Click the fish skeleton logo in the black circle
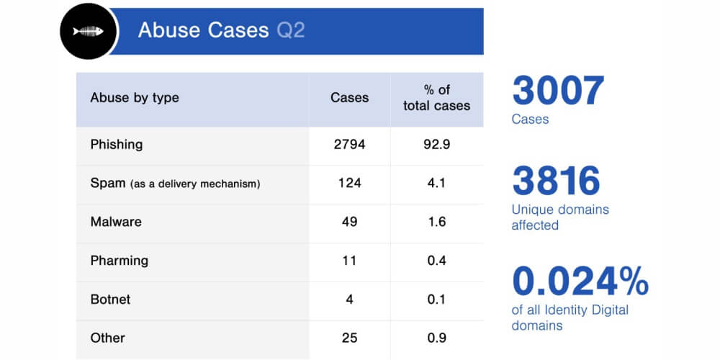[x=89, y=31]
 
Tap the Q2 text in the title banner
[x=291, y=31]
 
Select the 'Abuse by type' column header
[x=135, y=98]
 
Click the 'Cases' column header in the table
[x=349, y=98]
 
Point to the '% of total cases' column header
[x=436, y=98]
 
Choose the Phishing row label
[x=117, y=144]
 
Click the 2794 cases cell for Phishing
[x=349, y=144]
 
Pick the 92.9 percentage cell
[x=436, y=144]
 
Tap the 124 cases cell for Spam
[x=349, y=183]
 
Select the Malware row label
[x=116, y=222]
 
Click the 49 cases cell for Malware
[x=349, y=222]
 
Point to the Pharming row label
[x=120, y=261]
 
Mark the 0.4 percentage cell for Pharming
[x=436, y=261]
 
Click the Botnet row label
[x=110, y=299]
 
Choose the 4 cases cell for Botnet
[x=349, y=299]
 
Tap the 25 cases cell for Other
[x=349, y=338]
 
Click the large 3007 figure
[x=558, y=91]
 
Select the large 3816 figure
[x=556, y=181]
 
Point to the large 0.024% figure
[x=580, y=282]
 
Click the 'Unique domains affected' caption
[x=560, y=217]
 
